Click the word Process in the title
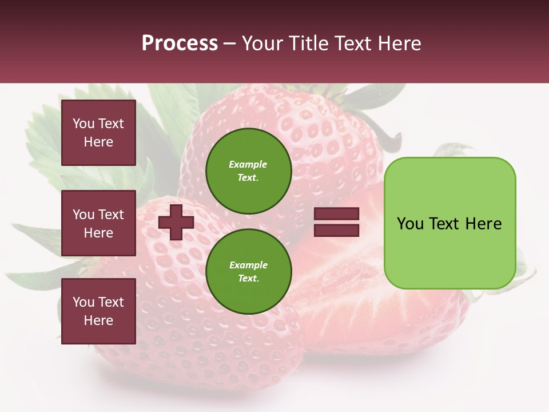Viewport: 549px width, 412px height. tap(180, 43)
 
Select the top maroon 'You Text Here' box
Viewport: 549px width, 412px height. tap(98, 133)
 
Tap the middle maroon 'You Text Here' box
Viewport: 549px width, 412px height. tap(98, 223)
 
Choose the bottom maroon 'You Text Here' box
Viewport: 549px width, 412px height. tap(98, 311)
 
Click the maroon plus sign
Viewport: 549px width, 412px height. tap(176, 222)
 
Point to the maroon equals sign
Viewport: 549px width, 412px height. tap(336, 222)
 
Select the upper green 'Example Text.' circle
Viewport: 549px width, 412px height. tap(249, 171)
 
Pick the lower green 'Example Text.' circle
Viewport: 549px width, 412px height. tap(249, 272)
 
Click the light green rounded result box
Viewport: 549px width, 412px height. tap(449, 223)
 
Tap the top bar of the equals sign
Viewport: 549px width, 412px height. tap(336, 214)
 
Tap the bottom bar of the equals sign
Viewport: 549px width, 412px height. tap(336, 230)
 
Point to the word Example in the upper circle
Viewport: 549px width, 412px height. tap(248, 165)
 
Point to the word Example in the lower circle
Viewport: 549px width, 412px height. tap(248, 266)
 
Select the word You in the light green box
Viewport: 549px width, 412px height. tap(411, 224)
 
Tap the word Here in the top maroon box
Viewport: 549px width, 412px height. tap(98, 142)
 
